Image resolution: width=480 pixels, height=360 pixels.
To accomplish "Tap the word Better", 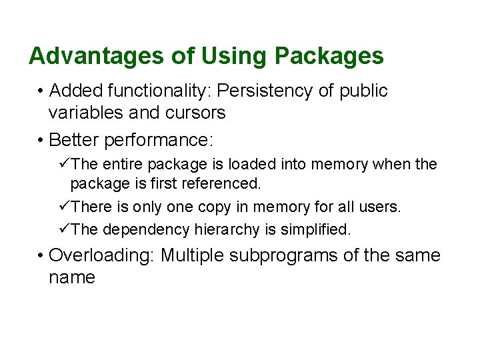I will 73,140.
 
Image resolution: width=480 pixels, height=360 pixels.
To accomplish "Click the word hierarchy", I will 225,229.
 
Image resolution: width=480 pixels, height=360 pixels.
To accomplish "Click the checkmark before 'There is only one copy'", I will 65,207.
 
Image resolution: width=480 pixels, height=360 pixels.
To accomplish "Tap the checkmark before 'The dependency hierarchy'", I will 65,229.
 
